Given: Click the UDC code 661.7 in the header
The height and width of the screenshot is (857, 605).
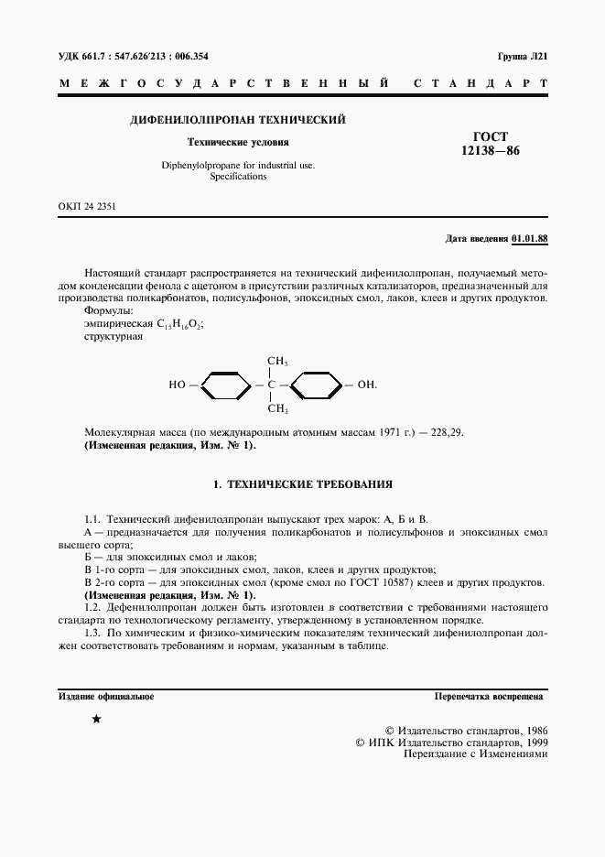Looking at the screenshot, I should coord(94,56).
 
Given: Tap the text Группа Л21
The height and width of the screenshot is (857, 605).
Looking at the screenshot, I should coord(522,56).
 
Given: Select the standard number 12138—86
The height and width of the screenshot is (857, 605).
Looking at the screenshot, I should coord(491,152).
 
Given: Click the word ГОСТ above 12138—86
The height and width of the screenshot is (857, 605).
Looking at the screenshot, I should coord(491,136).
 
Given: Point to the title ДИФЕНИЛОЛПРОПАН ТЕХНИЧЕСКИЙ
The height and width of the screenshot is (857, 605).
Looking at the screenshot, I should coord(238,120).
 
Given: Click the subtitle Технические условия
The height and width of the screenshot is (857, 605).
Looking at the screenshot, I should coord(238,143).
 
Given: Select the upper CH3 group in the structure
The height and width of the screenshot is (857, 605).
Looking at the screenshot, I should coord(277,361).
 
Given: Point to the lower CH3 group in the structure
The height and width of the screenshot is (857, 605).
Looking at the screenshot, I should coord(277,408).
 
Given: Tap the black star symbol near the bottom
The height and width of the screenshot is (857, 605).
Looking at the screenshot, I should coord(97,721).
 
